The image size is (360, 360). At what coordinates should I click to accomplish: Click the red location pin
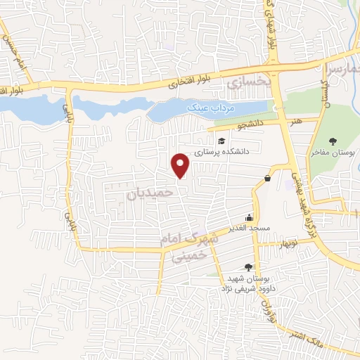[181, 165]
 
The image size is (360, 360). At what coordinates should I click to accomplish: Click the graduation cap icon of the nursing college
[222, 140]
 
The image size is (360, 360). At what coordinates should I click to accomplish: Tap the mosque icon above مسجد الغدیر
[247, 217]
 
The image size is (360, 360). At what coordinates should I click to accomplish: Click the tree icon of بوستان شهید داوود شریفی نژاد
[247, 266]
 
